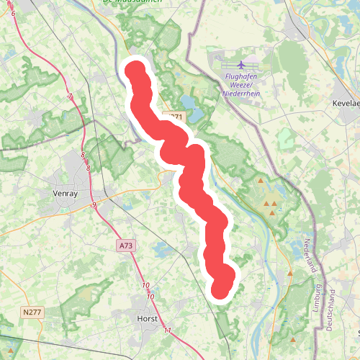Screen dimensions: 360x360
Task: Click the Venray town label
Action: pos(70,193)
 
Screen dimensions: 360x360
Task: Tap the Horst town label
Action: pos(147,318)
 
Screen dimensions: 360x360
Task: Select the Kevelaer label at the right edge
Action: pos(346,104)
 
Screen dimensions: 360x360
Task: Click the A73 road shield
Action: pos(126,246)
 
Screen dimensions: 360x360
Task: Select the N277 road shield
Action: pos(31,312)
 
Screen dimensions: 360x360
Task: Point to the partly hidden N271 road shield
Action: pos(175,117)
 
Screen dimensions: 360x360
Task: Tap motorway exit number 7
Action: pos(71,96)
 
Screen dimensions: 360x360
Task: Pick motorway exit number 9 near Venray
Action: pos(94,206)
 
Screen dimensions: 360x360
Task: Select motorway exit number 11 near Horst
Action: pos(167,330)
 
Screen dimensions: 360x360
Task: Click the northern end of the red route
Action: pos(136,71)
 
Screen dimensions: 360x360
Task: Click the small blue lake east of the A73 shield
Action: pos(160,250)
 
